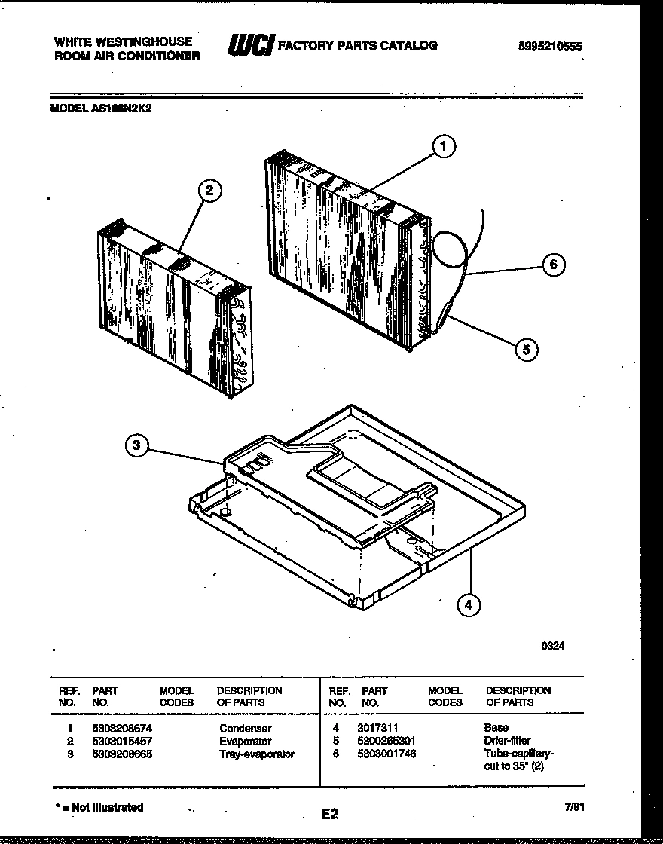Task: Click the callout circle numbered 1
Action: [444, 147]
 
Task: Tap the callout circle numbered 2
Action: [209, 191]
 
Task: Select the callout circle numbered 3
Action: [136, 446]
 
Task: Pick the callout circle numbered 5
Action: [527, 349]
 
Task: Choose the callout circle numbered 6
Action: [553, 265]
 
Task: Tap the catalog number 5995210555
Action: [550, 47]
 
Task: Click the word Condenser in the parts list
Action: [245, 729]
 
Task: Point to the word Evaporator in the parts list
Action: [245, 742]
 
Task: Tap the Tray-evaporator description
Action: [256, 754]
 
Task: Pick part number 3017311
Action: [377, 729]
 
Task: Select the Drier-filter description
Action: [507, 741]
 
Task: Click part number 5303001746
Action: [388, 754]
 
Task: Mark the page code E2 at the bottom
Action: [329, 814]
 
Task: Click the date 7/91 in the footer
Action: [574, 807]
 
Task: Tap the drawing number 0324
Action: [552, 646]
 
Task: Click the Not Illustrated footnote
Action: [99, 807]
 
